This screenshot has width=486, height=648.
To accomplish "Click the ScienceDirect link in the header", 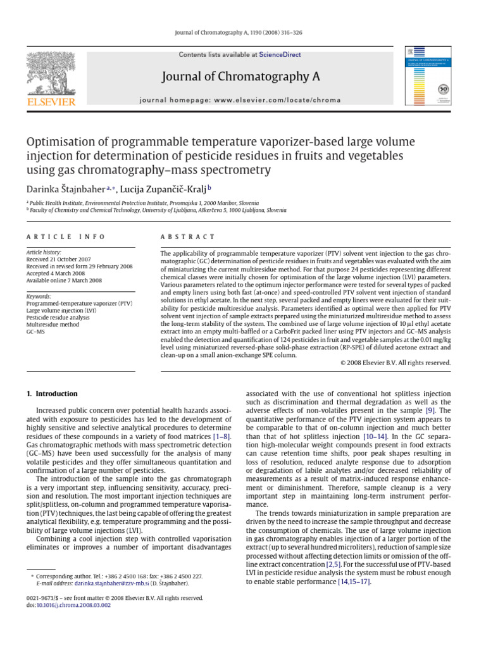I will tap(280, 55).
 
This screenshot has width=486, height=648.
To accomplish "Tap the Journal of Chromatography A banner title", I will tap(241, 77).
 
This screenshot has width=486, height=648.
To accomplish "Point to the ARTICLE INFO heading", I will tap(65, 237).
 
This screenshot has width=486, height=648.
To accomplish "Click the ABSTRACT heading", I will tap(188, 237).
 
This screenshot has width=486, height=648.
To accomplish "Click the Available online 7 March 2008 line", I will tap(63, 280).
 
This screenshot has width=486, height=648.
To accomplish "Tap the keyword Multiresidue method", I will tap(53, 324).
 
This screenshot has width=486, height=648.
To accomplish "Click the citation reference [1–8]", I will tap(222, 437).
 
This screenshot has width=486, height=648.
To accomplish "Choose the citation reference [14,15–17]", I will tap(354, 581).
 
